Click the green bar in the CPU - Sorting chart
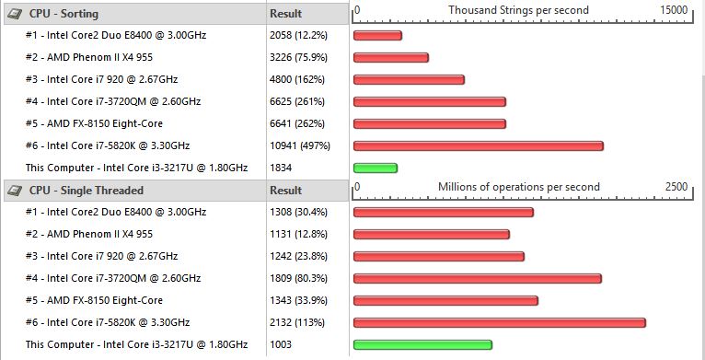[x=376, y=168]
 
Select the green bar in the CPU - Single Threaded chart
[x=422, y=344]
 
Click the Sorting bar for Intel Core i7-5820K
[x=479, y=145]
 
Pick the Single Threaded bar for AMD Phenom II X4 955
[x=431, y=234]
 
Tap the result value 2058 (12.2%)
[x=298, y=35]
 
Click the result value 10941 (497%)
[x=300, y=145]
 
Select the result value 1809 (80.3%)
[x=298, y=279]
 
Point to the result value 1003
[x=281, y=344]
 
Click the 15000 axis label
[x=674, y=10]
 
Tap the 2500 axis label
[x=676, y=187]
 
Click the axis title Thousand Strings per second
[x=518, y=10]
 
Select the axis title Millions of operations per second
[x=519, y=187]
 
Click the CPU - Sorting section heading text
[x=64, y=14]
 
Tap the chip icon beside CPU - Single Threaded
[x=15, y=191]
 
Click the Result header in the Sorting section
[x=285, y=14]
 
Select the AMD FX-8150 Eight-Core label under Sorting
[x=94, y=123]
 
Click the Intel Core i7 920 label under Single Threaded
[x=101, y=257]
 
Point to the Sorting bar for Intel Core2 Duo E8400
[x=377, y=35]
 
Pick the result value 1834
[x=281, y=168]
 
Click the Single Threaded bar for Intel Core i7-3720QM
[x=478, y=279]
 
